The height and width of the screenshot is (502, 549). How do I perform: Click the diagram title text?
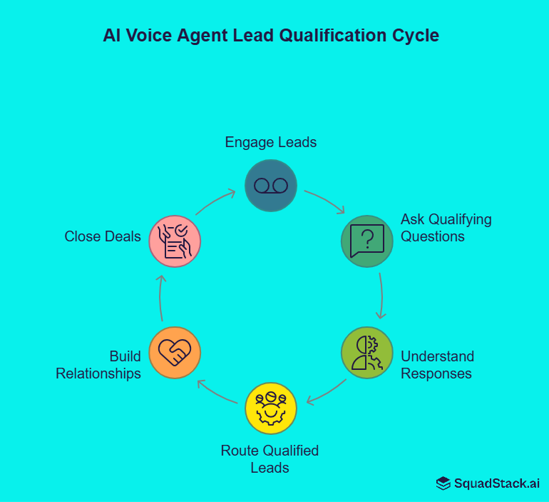point(271,36)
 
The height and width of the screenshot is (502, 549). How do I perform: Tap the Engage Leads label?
point(271,142)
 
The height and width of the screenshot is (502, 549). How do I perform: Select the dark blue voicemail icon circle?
point(271,186)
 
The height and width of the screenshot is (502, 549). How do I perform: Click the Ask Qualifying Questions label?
point(446,228)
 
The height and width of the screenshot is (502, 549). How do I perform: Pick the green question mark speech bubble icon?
point(367,241)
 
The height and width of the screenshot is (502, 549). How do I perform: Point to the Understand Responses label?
point(437,364)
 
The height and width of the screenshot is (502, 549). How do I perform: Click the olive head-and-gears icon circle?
point(367,353)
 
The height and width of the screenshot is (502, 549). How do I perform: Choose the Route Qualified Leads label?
point(270,459)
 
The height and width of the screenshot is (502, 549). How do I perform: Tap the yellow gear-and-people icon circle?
point(271,408)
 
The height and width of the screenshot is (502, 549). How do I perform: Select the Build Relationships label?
point(98,364)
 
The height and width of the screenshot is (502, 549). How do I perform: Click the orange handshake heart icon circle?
point(175,353)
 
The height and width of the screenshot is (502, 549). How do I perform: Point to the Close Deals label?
point(103,236)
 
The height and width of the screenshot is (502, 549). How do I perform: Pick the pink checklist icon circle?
point(175,241)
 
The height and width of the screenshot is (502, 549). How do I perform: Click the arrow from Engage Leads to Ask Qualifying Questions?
point(325,201)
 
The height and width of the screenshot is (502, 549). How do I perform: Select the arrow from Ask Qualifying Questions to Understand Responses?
point(381,296)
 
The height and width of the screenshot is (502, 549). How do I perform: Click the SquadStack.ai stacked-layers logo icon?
point(443,483)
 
